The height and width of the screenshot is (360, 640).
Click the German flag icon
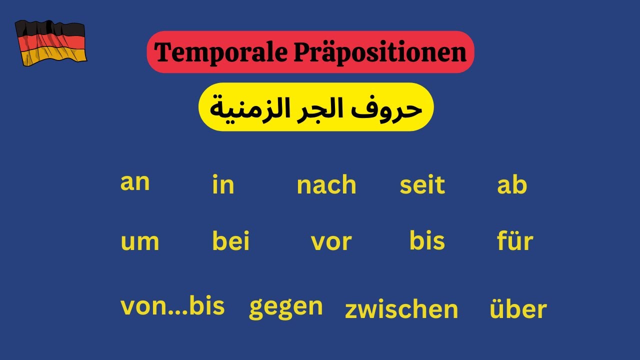(x=50, y=43)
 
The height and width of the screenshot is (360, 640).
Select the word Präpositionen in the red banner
(x=379, y=52)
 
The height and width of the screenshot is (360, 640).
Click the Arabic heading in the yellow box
(x=316, y=107)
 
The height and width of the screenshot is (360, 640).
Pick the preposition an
(x=135, y=183)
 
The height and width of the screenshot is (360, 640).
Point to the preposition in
(x=223, y=185)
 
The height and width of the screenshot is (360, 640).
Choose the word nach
(x=326, y=185)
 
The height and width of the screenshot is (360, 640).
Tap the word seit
(x=422, y=185)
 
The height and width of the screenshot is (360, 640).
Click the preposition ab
(x=512, y=185)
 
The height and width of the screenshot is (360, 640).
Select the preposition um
(x=140, y=242)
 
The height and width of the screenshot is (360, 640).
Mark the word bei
(x=230, y=241)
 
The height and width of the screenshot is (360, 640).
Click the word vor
(x=331, y=242)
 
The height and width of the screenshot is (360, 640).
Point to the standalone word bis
(x=427, y=240)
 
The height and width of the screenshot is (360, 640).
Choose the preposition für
(x=515, y=241)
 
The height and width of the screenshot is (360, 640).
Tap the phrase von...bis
(x=172, y=306)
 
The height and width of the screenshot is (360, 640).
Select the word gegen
(x=286, y=307)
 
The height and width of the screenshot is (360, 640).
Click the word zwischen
(x=401, y=309)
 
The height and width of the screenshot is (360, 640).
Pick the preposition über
(x=518, y=309)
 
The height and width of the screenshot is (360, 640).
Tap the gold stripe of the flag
(x=54, y=56)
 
